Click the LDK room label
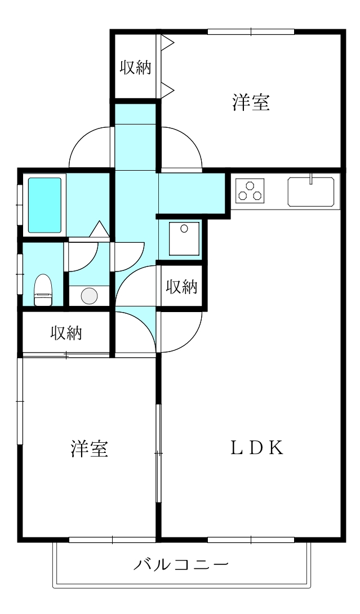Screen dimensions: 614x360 click(256, 448)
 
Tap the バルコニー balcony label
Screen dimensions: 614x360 click(181, 564)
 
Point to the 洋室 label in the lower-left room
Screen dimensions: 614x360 click(90, 448)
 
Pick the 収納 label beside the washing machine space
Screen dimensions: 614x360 click(181, 287)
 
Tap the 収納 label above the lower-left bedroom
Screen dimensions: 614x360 click(66, 333)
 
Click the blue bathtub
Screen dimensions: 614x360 click(45, 205)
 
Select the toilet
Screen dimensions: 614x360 click(43, 290)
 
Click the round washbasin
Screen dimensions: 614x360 click(88, 296)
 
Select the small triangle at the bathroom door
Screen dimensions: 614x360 click(99, 229)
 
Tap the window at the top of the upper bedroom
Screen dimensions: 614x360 click(251, 32)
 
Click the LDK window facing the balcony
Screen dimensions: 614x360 click(251, 540)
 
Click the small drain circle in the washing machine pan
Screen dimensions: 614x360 click(184, 229)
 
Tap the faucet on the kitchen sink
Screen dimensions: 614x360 click(310, 179)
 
